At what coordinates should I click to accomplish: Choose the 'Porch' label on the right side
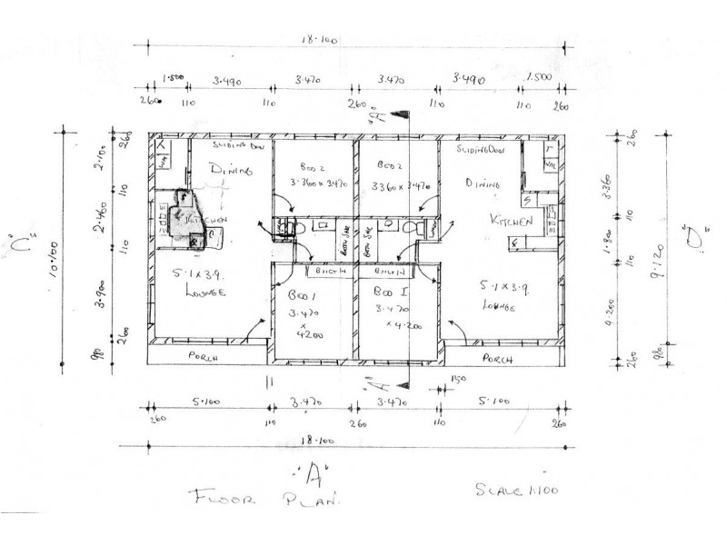pos(499,359)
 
